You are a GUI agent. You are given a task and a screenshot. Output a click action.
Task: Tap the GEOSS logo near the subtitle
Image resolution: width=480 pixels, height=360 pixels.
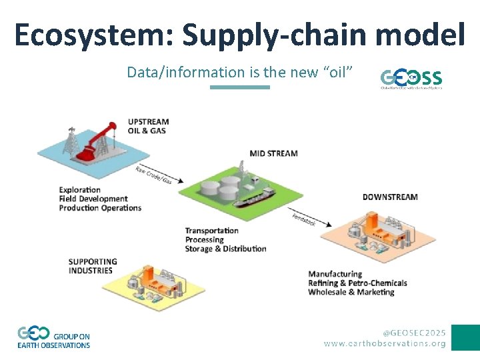click(411, 78)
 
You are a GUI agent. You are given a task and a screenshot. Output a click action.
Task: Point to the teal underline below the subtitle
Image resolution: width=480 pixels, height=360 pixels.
click(239, 87)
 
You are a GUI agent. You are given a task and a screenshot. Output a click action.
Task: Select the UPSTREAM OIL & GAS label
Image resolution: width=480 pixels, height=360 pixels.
click(148, 126)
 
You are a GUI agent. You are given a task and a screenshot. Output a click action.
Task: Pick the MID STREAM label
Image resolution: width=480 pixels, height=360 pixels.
click(273, 153)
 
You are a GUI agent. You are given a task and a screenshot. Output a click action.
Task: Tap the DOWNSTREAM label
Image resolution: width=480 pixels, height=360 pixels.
click(390, 197)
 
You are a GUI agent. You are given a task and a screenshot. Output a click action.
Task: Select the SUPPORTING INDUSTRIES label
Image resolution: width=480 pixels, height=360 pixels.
click(93, 266)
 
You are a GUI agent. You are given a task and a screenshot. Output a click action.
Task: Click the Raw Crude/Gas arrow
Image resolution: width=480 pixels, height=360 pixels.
click(155, 175)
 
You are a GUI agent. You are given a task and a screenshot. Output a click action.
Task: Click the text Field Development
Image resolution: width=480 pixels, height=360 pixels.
click(93, 199)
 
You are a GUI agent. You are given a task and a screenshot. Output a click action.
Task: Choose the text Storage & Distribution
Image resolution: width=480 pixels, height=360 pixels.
click(225, 249)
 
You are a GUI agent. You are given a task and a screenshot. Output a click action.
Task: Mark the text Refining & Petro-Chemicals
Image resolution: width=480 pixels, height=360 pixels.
click(357, 283)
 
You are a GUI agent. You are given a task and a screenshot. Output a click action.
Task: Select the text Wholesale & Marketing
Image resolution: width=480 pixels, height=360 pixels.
click(351, 292)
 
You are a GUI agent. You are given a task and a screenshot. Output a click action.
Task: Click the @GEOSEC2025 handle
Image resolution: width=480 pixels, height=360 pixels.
click(414, 332)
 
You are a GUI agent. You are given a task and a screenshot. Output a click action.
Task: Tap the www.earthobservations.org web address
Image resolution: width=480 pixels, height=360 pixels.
click(385, 343)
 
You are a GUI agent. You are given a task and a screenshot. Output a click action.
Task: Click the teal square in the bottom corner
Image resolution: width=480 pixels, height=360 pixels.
click(465, 337)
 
